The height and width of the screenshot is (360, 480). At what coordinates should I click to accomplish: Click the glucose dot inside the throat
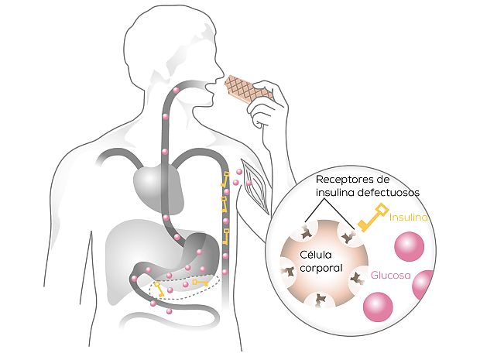(177, 91)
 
